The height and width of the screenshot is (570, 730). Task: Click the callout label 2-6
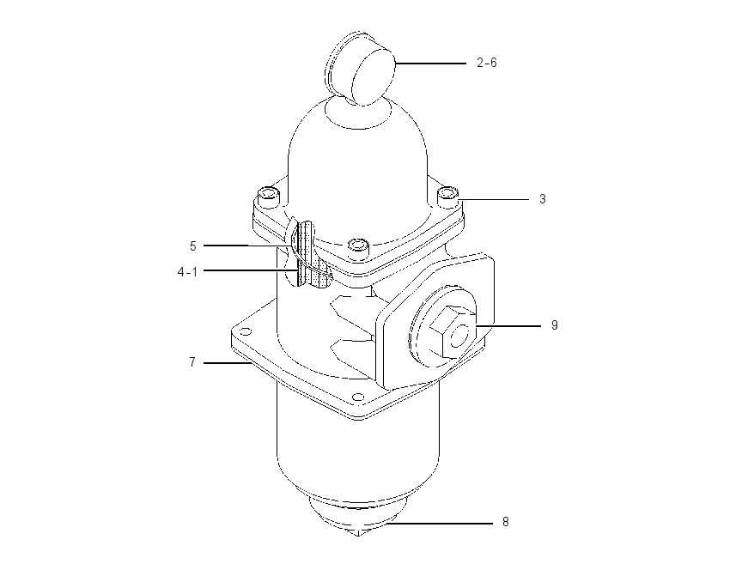click(486, 63)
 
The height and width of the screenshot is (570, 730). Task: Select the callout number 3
click(543, 199)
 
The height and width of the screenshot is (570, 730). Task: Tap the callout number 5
click(193, 246)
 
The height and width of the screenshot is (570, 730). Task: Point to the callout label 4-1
click(187, 272)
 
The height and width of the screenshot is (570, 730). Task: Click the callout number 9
click(555, 324)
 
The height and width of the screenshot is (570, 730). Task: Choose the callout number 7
click(192, 362)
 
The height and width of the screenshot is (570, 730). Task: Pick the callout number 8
click(506, 522)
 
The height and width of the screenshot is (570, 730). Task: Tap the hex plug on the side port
click(451, 331)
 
